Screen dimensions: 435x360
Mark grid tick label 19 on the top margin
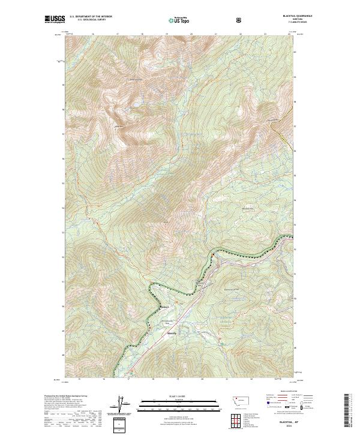click(166, 34)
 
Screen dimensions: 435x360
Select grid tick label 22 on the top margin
click(240, 34)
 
